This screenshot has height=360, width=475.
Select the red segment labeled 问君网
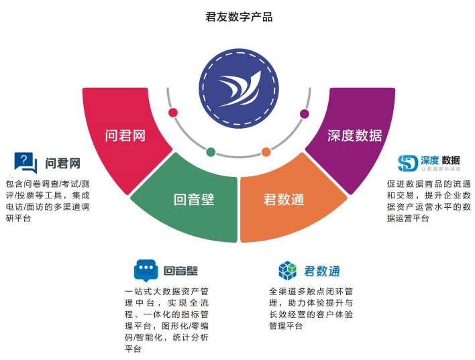[126, 134]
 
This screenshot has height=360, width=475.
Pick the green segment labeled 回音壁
[195, 198]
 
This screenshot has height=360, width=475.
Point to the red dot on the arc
[173, 113]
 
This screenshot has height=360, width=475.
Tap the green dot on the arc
[211, 152]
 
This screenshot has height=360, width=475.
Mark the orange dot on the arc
[266, 152]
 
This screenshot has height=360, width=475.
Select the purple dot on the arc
[305, 113]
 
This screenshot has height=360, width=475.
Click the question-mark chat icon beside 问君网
[25, 162]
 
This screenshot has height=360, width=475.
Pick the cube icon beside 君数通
[288, 270]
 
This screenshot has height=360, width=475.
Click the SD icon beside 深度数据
[408, 163]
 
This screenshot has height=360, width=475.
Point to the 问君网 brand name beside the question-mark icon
[63, 163]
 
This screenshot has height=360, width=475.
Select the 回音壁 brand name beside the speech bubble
[181, 271]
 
